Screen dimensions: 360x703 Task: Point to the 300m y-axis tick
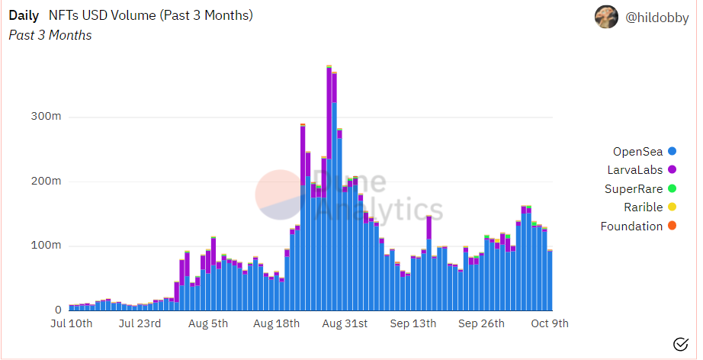click(46, 117)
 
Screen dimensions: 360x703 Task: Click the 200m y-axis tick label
click(46, 182)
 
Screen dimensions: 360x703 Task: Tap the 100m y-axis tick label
click(46, 246)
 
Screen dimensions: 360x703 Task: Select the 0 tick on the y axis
click(58, 310)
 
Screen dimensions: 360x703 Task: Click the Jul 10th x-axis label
click(71, 324)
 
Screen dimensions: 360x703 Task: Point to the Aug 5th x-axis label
click(208, 324)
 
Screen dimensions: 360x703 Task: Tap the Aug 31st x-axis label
click(345, 324)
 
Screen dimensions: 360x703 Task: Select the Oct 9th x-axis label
click(550, 324)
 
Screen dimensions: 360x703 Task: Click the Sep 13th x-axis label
click(413, 324)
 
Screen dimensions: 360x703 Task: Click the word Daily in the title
click(24, 15)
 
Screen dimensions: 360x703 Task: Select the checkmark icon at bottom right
click(681, 344)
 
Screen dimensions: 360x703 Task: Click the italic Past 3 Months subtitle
click(50, 35)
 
